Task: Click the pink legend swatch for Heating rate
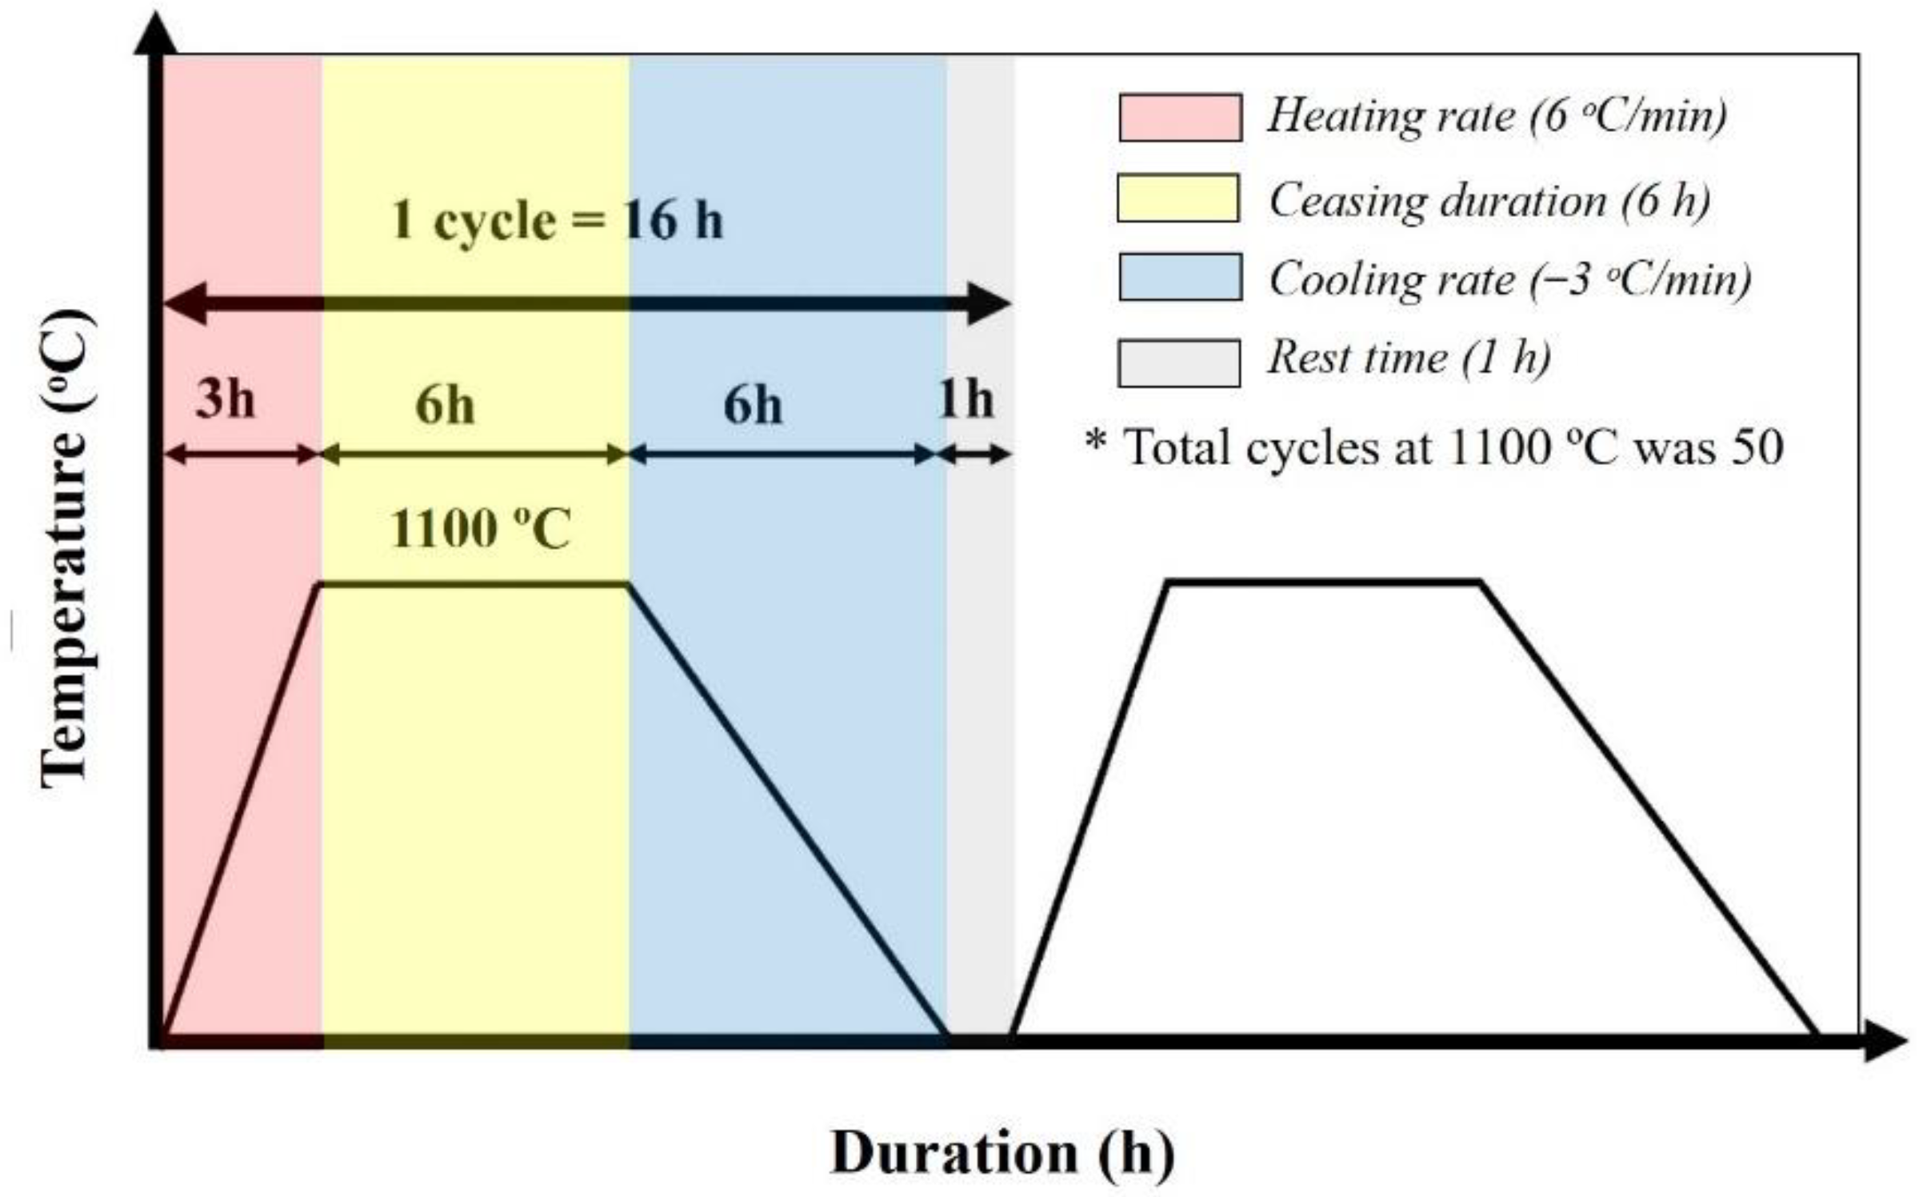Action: click(1180, 118)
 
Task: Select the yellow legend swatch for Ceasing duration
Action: click(1177, 198)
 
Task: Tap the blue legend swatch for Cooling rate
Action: click(1180, 277)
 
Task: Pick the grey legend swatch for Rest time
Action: click(1178, 363)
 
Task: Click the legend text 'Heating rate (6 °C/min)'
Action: click(1497, 116)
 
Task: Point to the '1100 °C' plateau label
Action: click(480, 529)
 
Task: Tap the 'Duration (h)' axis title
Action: click(1002, 1153)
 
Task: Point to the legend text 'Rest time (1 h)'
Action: click(1409, 357)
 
